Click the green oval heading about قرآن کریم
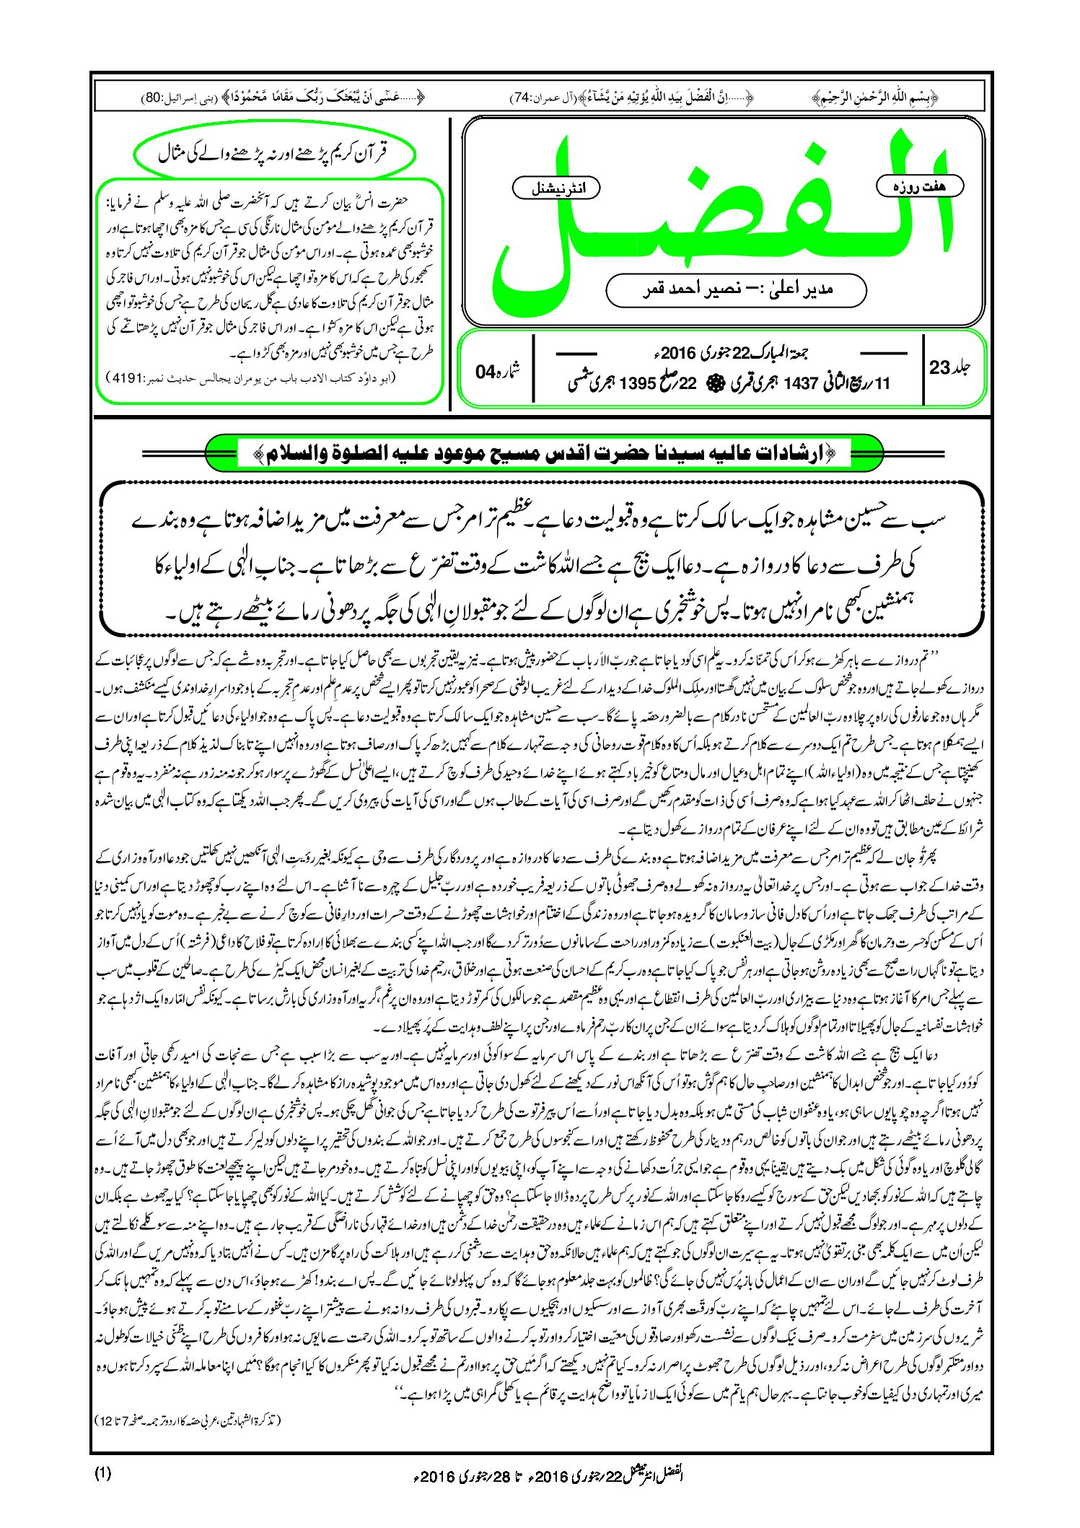(x=274, y=154)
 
